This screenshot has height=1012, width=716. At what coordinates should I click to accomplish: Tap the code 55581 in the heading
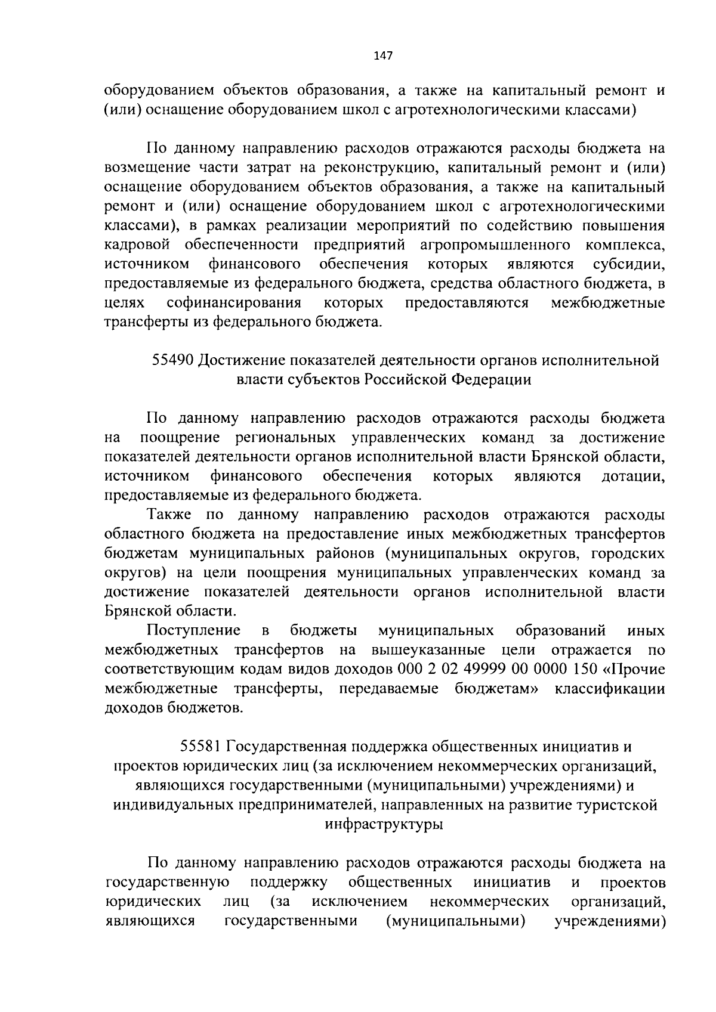[201, 747]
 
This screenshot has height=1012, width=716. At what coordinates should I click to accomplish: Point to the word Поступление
[195, 630]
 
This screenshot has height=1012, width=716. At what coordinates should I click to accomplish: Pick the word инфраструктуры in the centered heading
[385, 825]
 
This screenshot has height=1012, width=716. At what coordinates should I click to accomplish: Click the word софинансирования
[234, 303]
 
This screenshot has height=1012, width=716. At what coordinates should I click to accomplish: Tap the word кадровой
[138, 245]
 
